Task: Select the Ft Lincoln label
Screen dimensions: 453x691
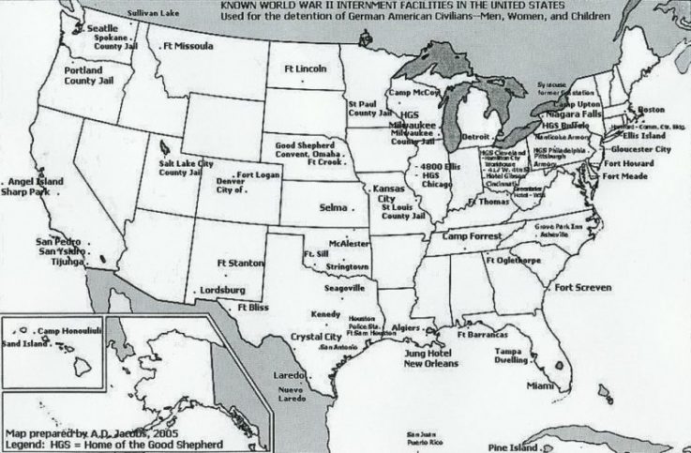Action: tap(304, 69)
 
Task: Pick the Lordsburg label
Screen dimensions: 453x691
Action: tap(222, 291)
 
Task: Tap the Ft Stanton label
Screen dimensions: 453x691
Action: tap(238, 263)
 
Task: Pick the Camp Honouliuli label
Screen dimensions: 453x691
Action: tap(65, 332)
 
